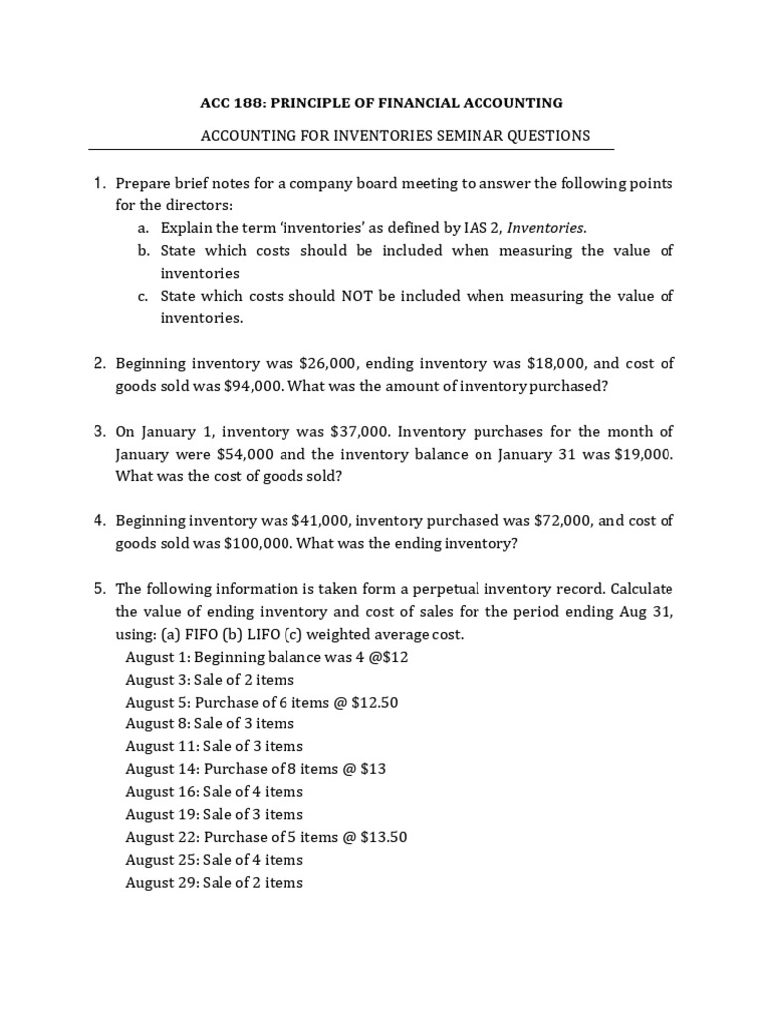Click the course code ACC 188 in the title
coord(231,102)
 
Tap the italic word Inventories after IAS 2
coord(544,228)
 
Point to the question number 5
coord(99,588)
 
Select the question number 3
coord(99,431)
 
